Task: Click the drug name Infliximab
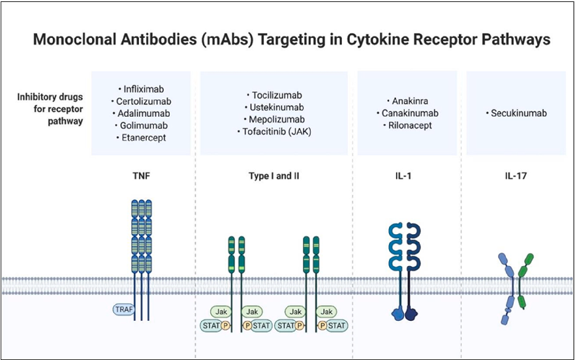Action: (x=143, y=88)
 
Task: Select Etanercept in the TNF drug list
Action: (x=143, y=138)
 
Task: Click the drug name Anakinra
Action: (x=407, y=101)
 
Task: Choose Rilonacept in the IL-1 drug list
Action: (x=407, y=125)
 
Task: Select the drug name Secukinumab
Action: (x=518, y=113)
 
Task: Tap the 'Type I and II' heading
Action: (x=274, y=175)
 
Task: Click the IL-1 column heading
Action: (x=405, y=175)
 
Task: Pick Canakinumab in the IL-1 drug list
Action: (x=407, y=113)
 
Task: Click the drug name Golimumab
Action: (x=143, y=125)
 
